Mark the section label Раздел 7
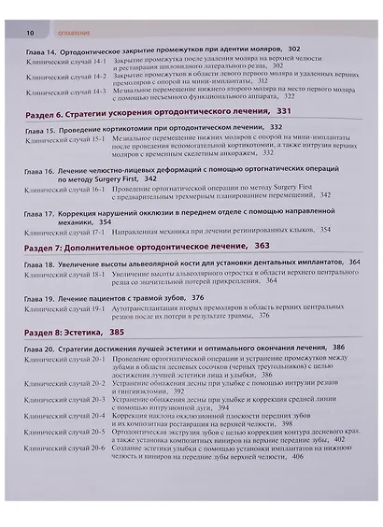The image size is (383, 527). point(42,247)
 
